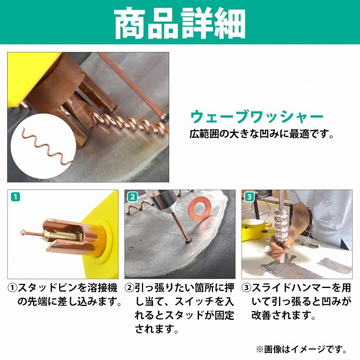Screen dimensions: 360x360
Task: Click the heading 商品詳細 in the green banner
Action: [180, 24]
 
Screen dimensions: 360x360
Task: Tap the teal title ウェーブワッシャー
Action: [257, 117]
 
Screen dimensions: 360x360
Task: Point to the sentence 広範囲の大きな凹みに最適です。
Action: [261, 134]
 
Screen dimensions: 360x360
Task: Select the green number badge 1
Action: [15, 197]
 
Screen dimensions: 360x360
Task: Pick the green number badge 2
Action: [133, 197]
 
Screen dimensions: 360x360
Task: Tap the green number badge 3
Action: [249, 197]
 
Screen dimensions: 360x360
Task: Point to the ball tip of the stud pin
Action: [23, 232]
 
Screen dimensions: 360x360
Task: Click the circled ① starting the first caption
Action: [12, 288]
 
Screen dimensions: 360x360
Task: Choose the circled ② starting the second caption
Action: [129, 288]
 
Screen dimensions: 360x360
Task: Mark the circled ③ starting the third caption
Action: [246, 288]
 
